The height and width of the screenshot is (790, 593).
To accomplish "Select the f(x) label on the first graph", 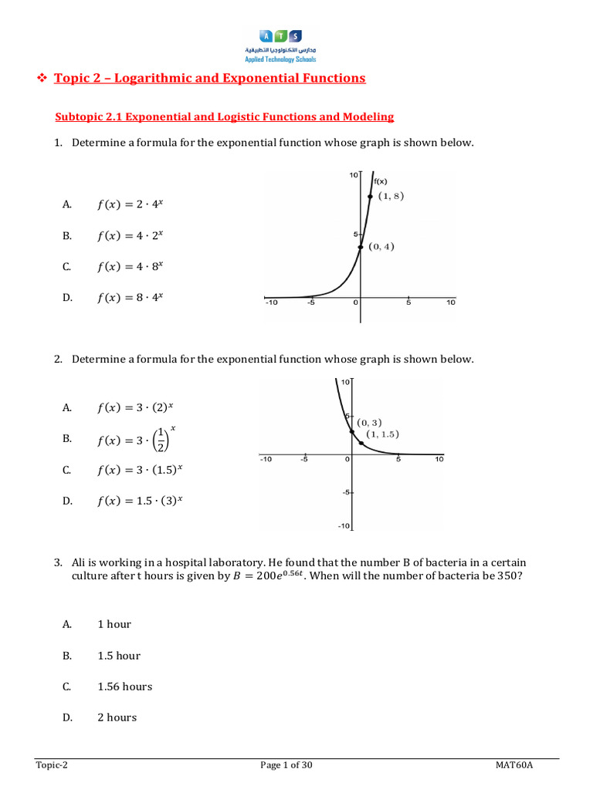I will coord(381,181).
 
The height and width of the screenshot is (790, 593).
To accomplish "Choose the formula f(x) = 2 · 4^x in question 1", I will coord(130,204).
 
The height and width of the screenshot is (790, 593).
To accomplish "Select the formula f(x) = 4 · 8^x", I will coord(130,267).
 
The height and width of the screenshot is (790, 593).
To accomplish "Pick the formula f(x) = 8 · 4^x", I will coord(130,298).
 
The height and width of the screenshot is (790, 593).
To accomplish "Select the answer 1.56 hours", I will coord(124,687).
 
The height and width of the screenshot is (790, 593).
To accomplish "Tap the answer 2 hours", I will coord(117,717).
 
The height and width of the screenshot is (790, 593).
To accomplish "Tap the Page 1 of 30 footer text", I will coord(286,765).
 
